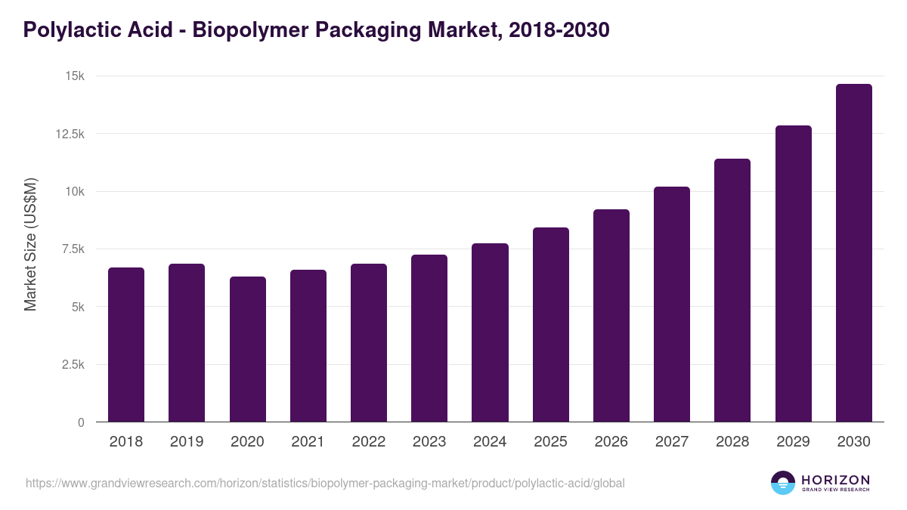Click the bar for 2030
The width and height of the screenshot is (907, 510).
click(853, 253)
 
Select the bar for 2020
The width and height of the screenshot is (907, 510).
click(248, 349)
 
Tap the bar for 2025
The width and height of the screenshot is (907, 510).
click(550, 325)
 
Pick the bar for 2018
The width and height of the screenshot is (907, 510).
click(126, 345)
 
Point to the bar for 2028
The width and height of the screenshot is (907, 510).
click(732, 290)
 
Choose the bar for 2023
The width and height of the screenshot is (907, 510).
click(429, 338)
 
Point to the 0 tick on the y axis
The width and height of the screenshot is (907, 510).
click(80, 422)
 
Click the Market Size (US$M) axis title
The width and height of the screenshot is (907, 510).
click(30, 245)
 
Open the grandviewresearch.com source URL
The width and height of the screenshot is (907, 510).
click(325, 483)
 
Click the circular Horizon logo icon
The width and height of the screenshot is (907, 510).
click(783, 483)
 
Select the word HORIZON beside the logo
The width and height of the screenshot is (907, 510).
click(835, 479)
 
